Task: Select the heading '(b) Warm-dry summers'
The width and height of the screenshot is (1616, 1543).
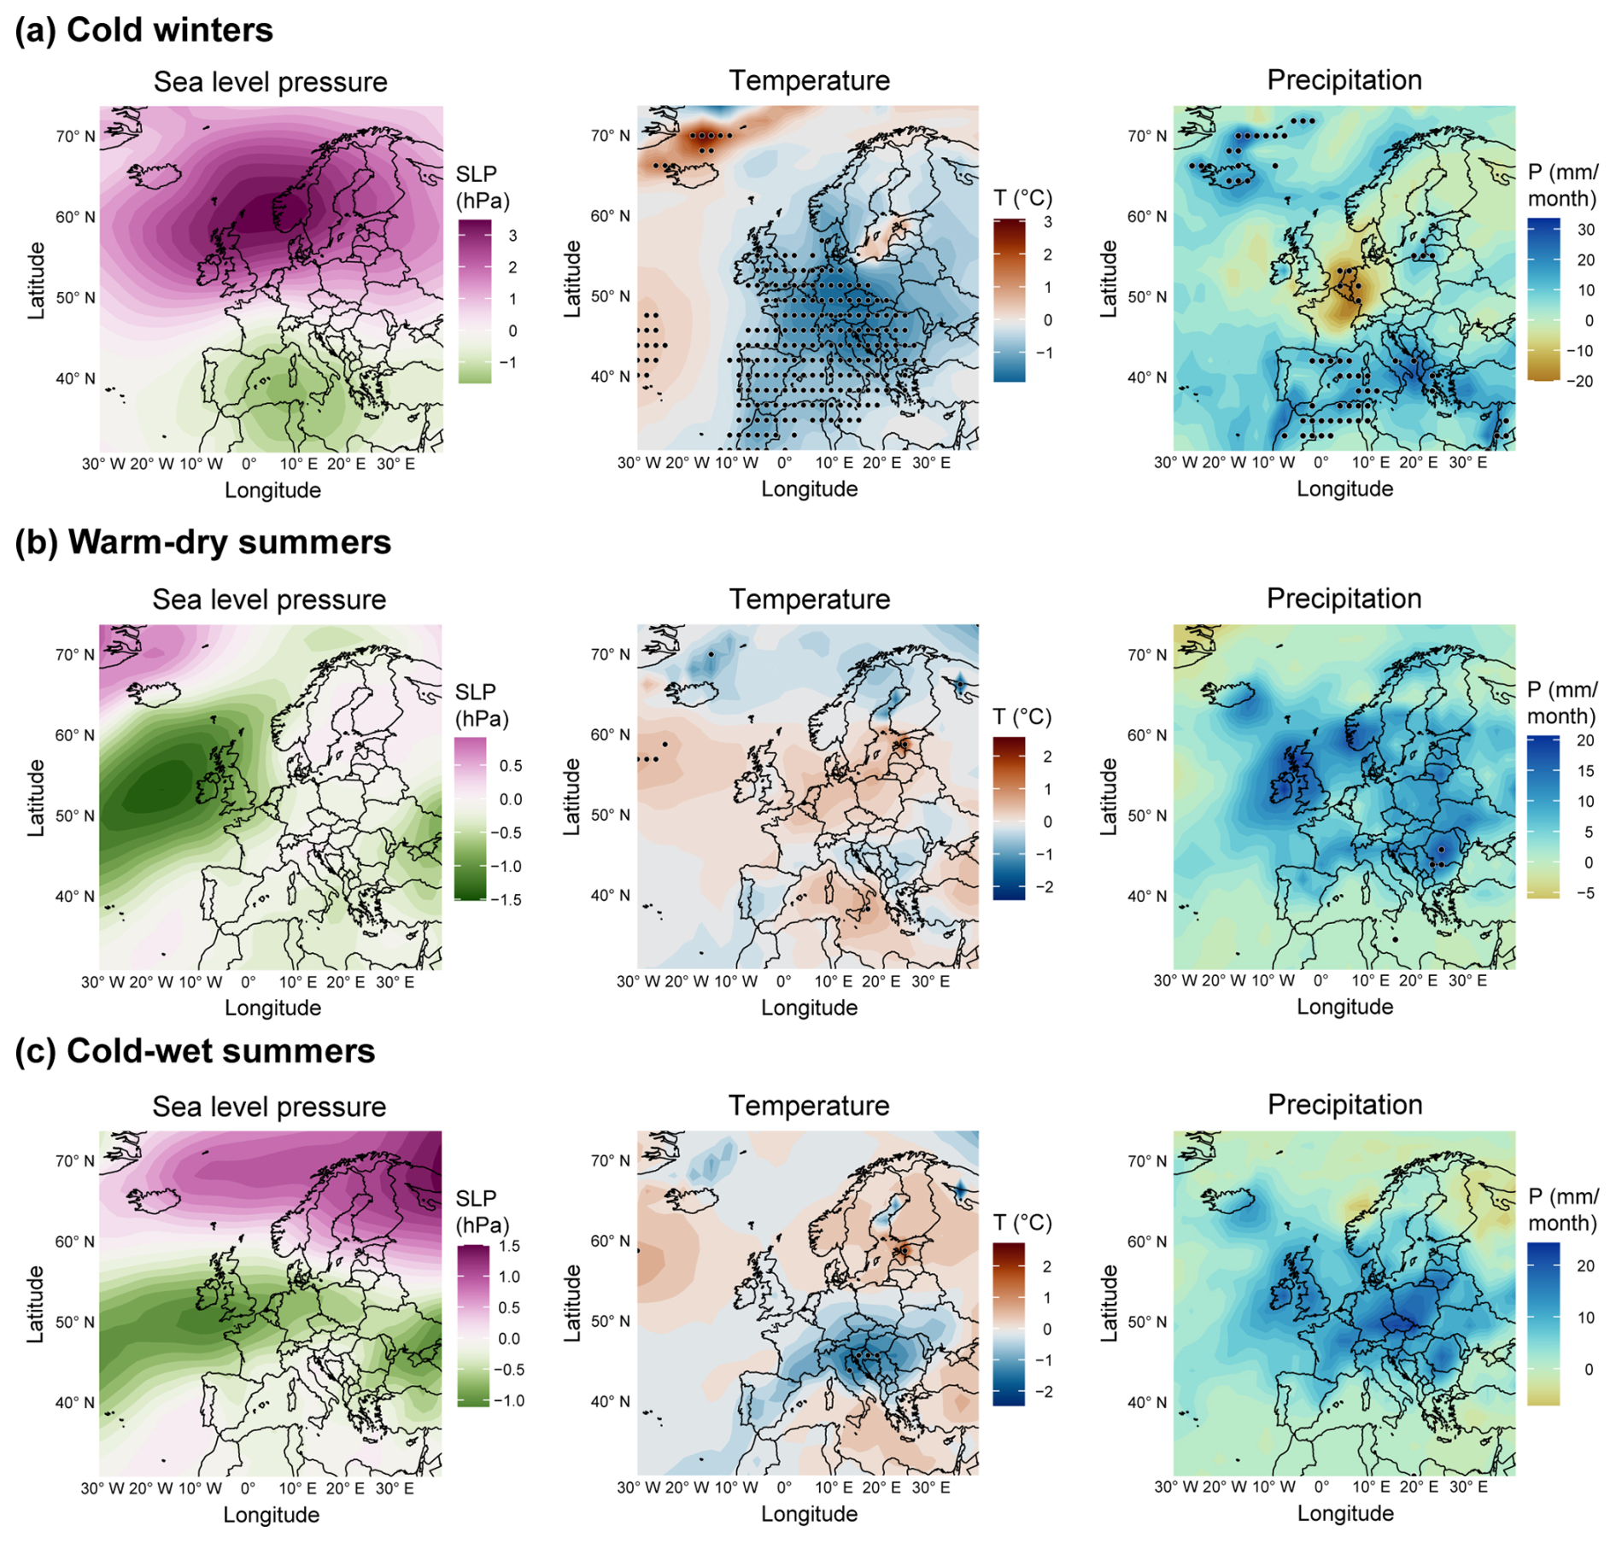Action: click(x=203, y=542)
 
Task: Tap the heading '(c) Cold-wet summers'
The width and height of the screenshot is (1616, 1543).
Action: click(x=195, y=1051)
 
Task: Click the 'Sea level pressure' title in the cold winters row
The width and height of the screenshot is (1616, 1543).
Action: click(x=270, y=82)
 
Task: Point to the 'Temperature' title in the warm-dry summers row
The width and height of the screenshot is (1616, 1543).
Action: click(x=809, y=599)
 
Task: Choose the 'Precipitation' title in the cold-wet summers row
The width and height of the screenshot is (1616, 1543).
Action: click(x=1344, y=1104)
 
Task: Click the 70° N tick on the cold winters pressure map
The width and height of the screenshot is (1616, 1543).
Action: click(x=75, y=137)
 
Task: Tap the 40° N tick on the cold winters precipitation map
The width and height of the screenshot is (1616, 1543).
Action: click(x=1146, y=377)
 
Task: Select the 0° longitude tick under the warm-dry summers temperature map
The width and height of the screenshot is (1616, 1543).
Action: click(x=783, y=981)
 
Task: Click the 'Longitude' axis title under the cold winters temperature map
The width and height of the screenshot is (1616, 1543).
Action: click(x=809, y=489)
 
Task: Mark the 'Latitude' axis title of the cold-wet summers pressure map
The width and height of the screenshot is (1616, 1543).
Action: click(x=36, y=1304)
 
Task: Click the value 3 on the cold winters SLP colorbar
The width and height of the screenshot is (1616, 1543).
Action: click(x=512, y=236)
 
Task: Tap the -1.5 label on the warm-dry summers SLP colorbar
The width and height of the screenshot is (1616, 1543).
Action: click(x=510, y=900)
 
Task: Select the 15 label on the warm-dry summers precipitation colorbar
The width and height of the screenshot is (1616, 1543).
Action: click(x=1585, y=771)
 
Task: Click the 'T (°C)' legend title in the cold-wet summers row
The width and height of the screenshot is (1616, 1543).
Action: click(x=1022, y=1223)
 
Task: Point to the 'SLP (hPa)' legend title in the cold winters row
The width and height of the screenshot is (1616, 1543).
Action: click(x=482, y=187)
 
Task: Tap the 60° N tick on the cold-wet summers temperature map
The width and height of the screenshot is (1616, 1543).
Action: click(x=610, y=1241)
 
